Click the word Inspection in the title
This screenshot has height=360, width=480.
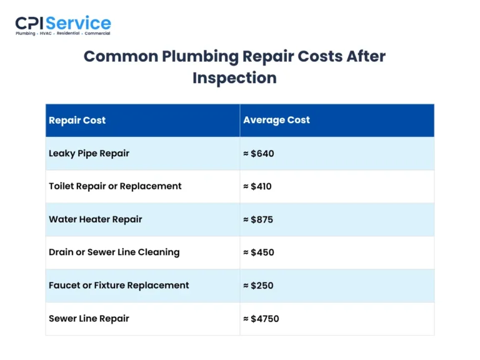234,78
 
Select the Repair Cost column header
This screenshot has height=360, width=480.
77,120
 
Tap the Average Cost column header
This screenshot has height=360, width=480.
276,120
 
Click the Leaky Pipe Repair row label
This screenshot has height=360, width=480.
89,153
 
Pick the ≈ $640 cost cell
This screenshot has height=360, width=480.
259,153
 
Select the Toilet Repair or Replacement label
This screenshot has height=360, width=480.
115,186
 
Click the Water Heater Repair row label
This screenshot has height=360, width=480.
95,219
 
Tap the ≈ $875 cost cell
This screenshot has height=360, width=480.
258,219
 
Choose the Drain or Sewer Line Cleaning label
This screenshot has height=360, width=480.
114,252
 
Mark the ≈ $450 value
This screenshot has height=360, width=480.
259,252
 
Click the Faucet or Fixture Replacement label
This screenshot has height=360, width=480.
119,286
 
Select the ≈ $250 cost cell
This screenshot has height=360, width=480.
258,286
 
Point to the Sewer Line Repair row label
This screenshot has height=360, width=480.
89,319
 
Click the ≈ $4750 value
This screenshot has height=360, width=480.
261,319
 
